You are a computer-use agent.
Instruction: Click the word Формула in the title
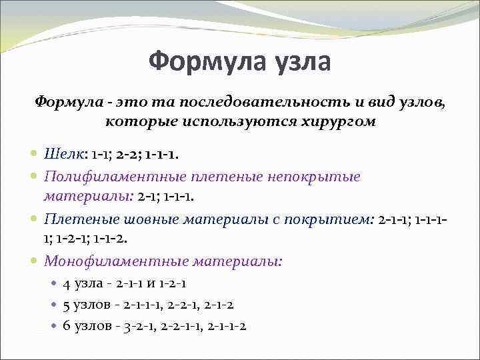[x=200, y=62]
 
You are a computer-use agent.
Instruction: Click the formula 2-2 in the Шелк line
[x=127, y=154]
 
